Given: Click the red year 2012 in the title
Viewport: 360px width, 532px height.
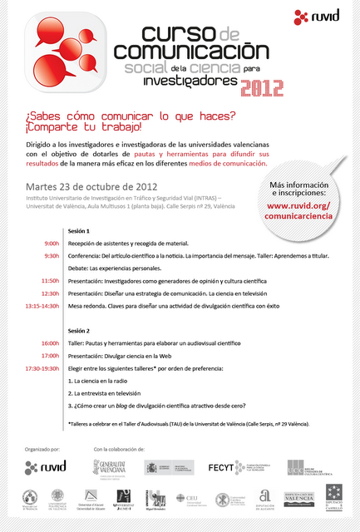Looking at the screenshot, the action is [x=262, y=86].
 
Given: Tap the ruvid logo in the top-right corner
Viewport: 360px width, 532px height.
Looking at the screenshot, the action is [x=318, y=16].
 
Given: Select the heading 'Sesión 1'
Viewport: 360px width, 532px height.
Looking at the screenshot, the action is [x=80, y=230].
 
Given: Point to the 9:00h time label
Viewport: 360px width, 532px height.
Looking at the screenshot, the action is [x=52, y=244].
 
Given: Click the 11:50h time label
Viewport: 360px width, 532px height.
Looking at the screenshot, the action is [x=50, y=281].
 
